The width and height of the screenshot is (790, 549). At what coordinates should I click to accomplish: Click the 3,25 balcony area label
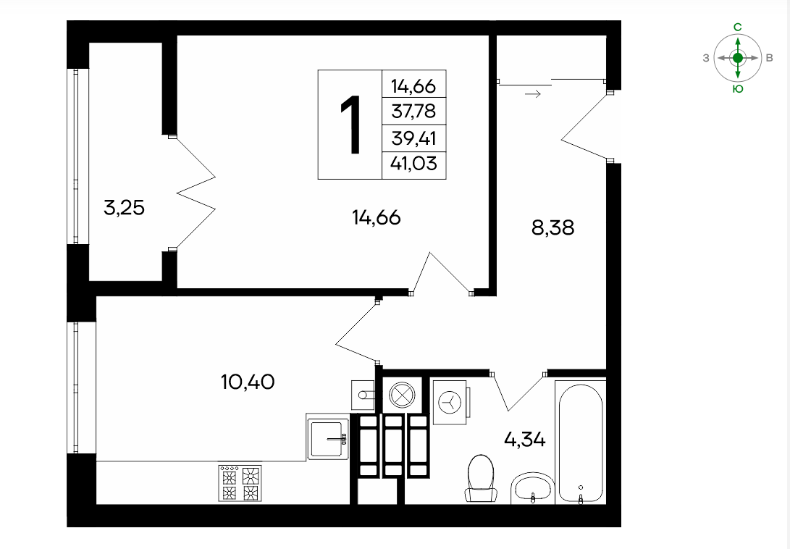(x=124, y=207)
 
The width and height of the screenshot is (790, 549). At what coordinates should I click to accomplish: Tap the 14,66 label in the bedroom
(x=377, y=217)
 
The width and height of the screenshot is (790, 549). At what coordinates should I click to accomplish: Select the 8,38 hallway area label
(x=552, y=227)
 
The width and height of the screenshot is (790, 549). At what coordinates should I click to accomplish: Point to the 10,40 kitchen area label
(x=248, y=382)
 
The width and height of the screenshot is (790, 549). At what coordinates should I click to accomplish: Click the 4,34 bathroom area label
(x=524, y=440)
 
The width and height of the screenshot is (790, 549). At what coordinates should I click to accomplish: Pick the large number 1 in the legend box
(x=350, y=125)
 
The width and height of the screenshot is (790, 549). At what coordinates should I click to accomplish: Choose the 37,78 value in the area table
(x=413, y=111)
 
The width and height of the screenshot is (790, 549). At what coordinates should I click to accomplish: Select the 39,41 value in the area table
(x=413, y=138)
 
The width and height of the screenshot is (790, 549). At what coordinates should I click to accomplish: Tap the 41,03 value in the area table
(x=413, y=164)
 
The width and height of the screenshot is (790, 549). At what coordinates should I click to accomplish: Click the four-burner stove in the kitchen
(x=240, y=483)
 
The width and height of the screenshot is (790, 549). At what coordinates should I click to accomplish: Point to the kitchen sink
(x=328, y=437)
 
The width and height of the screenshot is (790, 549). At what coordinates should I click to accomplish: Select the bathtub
(x=581, y=442)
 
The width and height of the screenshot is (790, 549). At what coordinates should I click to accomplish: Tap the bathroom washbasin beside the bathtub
(x=533, y=488)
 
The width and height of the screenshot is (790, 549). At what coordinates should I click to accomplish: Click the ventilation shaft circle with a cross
(x=402, y=393)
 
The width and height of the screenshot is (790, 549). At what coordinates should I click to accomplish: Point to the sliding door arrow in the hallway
(x=532, y=93)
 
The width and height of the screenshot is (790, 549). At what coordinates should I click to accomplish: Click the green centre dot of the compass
(x=738, y=58)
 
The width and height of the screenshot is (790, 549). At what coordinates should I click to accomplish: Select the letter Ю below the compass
(x=738, y=89)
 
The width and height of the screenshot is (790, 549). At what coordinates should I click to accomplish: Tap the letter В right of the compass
(x=769, y=58)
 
